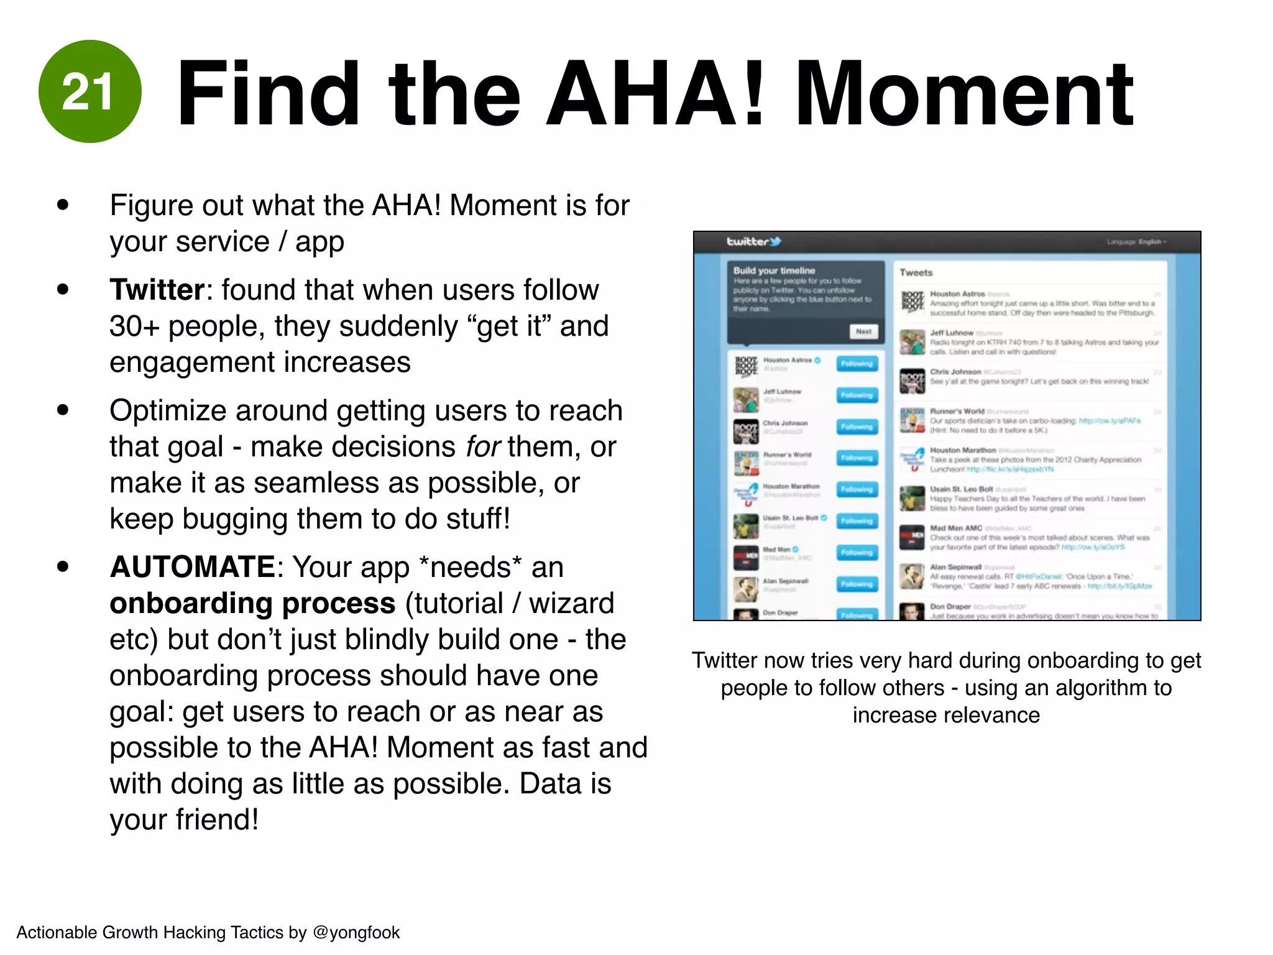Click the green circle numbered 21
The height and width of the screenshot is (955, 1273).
90,91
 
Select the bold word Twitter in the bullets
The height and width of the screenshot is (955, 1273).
157,290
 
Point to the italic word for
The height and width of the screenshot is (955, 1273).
483,446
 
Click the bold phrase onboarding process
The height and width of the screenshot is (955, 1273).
252,603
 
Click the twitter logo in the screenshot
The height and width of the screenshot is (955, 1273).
753,241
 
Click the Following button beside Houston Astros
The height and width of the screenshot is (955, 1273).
857,364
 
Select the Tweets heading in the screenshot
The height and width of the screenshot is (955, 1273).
916,272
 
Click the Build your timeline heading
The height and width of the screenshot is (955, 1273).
773,270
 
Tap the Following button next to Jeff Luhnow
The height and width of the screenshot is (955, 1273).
857,395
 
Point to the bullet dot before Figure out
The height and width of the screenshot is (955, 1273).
62,205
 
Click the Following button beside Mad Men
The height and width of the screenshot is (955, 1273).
857,553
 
